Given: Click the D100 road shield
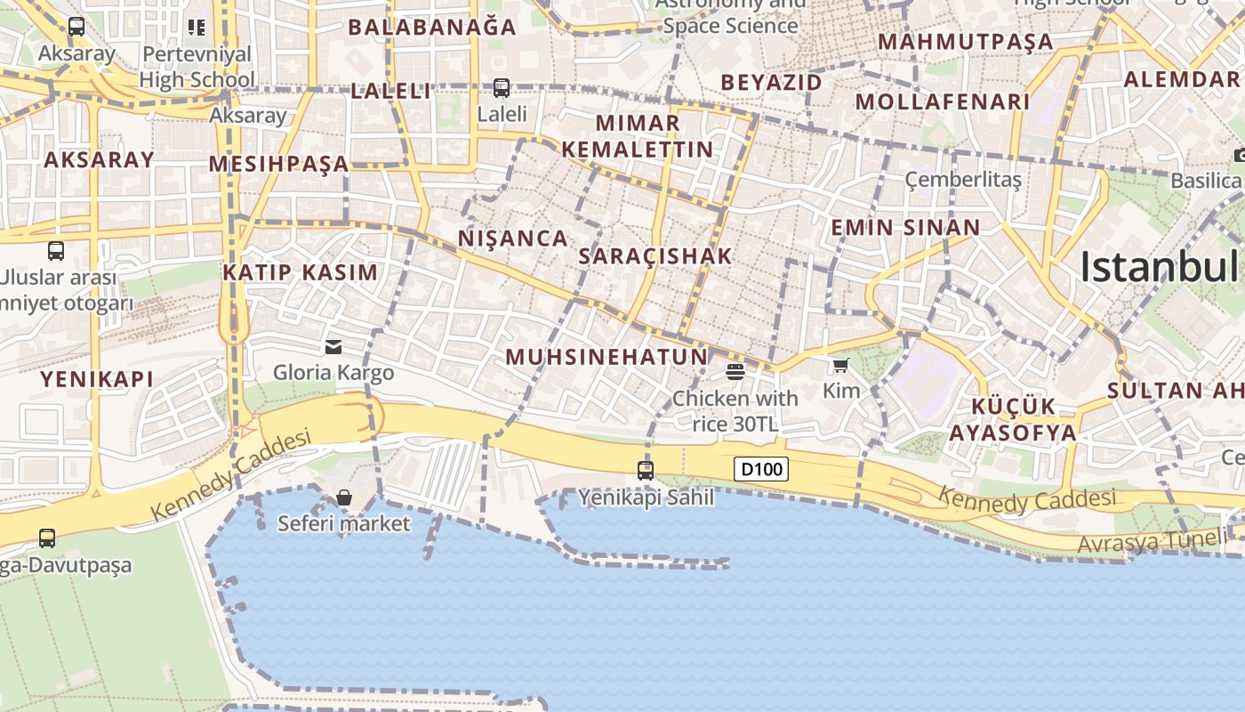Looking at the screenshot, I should point(761,468).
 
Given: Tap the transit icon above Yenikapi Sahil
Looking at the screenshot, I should point(646,471).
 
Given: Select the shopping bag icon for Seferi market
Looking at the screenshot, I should point(344,498).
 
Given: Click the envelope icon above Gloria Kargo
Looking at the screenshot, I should point(333,346).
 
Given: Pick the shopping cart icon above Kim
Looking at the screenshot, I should point(840,365).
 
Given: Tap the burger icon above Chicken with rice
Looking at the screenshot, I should point(735,371).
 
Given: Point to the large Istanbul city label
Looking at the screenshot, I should point(1160,267).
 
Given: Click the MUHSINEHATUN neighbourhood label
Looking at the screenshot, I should point(606,358).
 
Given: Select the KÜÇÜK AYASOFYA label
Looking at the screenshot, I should point(1013,420).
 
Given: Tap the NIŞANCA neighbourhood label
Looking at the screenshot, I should point(513,239).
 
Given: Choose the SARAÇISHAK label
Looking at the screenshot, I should point(655,256).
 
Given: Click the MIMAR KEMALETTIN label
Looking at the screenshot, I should point(638,136).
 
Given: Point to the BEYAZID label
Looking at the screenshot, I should point(771,83).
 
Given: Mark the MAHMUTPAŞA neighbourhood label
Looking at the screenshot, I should point(965,42).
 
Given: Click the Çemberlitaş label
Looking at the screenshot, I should point(963,180).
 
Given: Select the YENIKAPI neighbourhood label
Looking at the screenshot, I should point(97,379).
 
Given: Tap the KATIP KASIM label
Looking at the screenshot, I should point(301,272).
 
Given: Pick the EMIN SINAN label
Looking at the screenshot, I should point(905,228).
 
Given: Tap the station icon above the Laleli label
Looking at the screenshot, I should point(502,88).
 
